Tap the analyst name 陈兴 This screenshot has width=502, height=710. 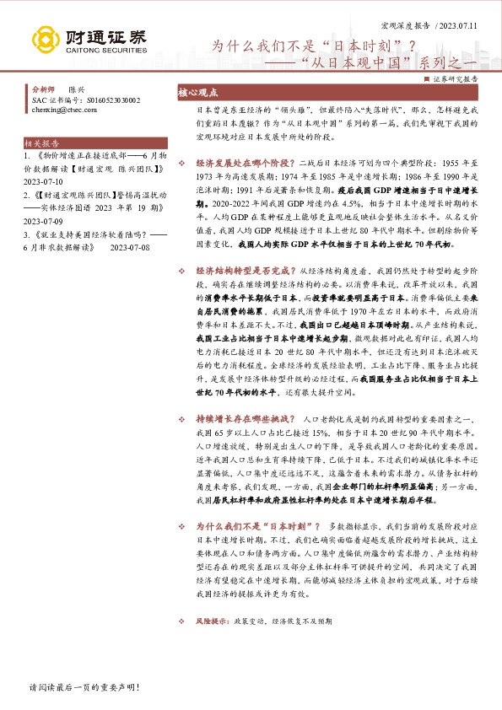[76, 89]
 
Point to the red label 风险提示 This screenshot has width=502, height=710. [211, 621]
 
